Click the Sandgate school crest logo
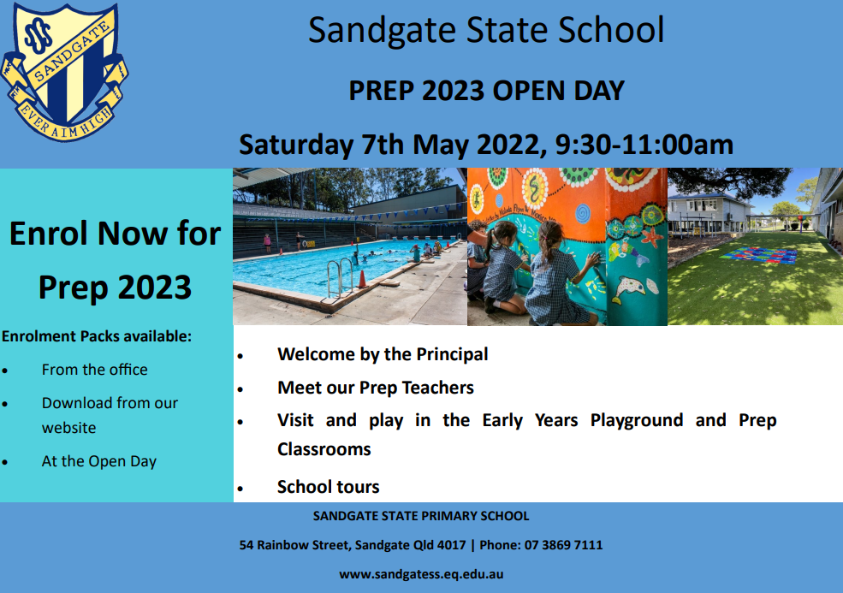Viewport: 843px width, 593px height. [64, 73]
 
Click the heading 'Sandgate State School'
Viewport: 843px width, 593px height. [486, 30]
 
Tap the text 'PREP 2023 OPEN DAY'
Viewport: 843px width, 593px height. [486, 90]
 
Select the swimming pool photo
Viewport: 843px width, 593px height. [349, 246]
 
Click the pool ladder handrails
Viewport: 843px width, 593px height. [341, 276]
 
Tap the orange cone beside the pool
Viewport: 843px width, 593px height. [362, 280]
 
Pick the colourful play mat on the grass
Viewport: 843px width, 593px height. [759, 255]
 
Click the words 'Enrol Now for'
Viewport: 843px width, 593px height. [116, 233]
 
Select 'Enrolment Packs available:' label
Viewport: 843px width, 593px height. [97, 336]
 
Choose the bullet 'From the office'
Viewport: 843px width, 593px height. [94, 370]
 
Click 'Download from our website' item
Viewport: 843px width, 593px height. [110, 415]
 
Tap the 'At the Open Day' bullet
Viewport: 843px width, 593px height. [99, 461]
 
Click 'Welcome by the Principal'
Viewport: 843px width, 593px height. [383, 354]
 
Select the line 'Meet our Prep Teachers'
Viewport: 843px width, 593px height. [376, 388]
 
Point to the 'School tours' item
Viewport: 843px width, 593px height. [329, 487]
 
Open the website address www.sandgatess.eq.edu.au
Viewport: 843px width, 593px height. [421, 574]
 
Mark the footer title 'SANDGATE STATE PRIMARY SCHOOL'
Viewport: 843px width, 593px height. [421, 516]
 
